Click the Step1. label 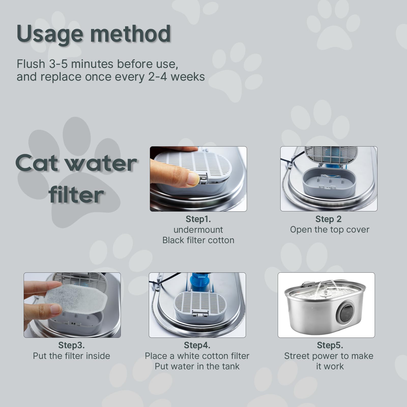(x=198, y=219)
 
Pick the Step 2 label (x=328, y=219)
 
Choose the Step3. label (x=71, y=345)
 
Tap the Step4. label (x=197, y=345)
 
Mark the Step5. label (x=330, y=345)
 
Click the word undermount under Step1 (x=198, y=230)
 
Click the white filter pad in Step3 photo (x=76, y=298)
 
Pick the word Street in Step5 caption (x=297, y=356)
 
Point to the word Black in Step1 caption (x=173, y=240)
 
